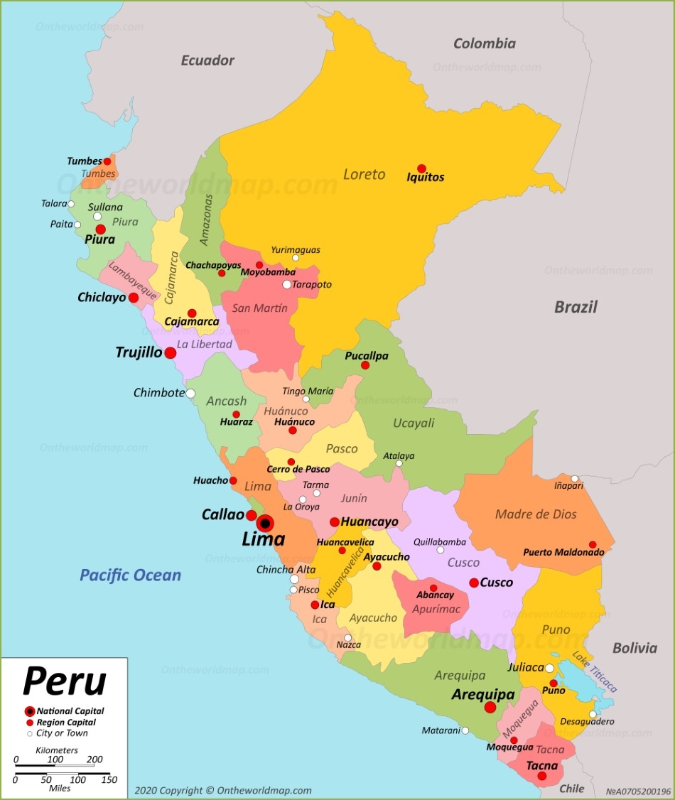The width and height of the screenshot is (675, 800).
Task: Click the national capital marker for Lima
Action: pyautogui.click(x=265, y=524)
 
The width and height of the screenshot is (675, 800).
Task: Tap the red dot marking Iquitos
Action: pyautogui.click(x=421, y=168)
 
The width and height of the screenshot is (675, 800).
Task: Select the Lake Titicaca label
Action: pyautogui.click(x=595, y=671)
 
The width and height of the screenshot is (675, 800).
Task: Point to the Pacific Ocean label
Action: pyautogui.click(x=130, y=575)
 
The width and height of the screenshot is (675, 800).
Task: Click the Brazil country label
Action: pyautogui.click(x=576, y=307)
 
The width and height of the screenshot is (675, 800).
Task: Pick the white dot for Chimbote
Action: pyautogui.click(x=190, y=393)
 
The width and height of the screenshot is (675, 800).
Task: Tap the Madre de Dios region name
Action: pyautogui.click(x=536, y=514)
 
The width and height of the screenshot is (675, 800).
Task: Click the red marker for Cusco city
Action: pyautogui.click(x=474, y=583)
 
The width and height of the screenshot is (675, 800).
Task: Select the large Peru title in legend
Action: pyautogui.click(x=64, y=681)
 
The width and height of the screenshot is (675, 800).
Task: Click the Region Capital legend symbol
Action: pyautogui.click(x=29, y=723)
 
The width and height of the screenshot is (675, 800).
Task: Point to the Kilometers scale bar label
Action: pyautogui.click(x=57, y=750)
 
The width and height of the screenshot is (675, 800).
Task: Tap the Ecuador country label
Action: pyautogui.click(x=207, y=60)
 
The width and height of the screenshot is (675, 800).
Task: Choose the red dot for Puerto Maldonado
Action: pyautogui.click(x=593, y=545)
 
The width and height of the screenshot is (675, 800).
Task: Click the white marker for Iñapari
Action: pyautogui.click(x=575, y=478)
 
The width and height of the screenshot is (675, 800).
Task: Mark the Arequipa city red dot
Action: pyautogui.click(x=490, y=707)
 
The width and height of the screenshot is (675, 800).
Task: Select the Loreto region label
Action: pyautogui.click(x=364, y=174)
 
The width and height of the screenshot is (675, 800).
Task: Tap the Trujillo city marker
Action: pyautogui.click(x=171, y=352)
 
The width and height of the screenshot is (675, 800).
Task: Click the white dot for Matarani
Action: pyautogui.click(x=465, y=730)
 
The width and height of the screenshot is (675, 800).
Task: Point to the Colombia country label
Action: pyautogui.click(x=485, y=44)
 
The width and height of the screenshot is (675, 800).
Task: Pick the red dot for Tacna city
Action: pyautogui.click(x=542, y=777)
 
